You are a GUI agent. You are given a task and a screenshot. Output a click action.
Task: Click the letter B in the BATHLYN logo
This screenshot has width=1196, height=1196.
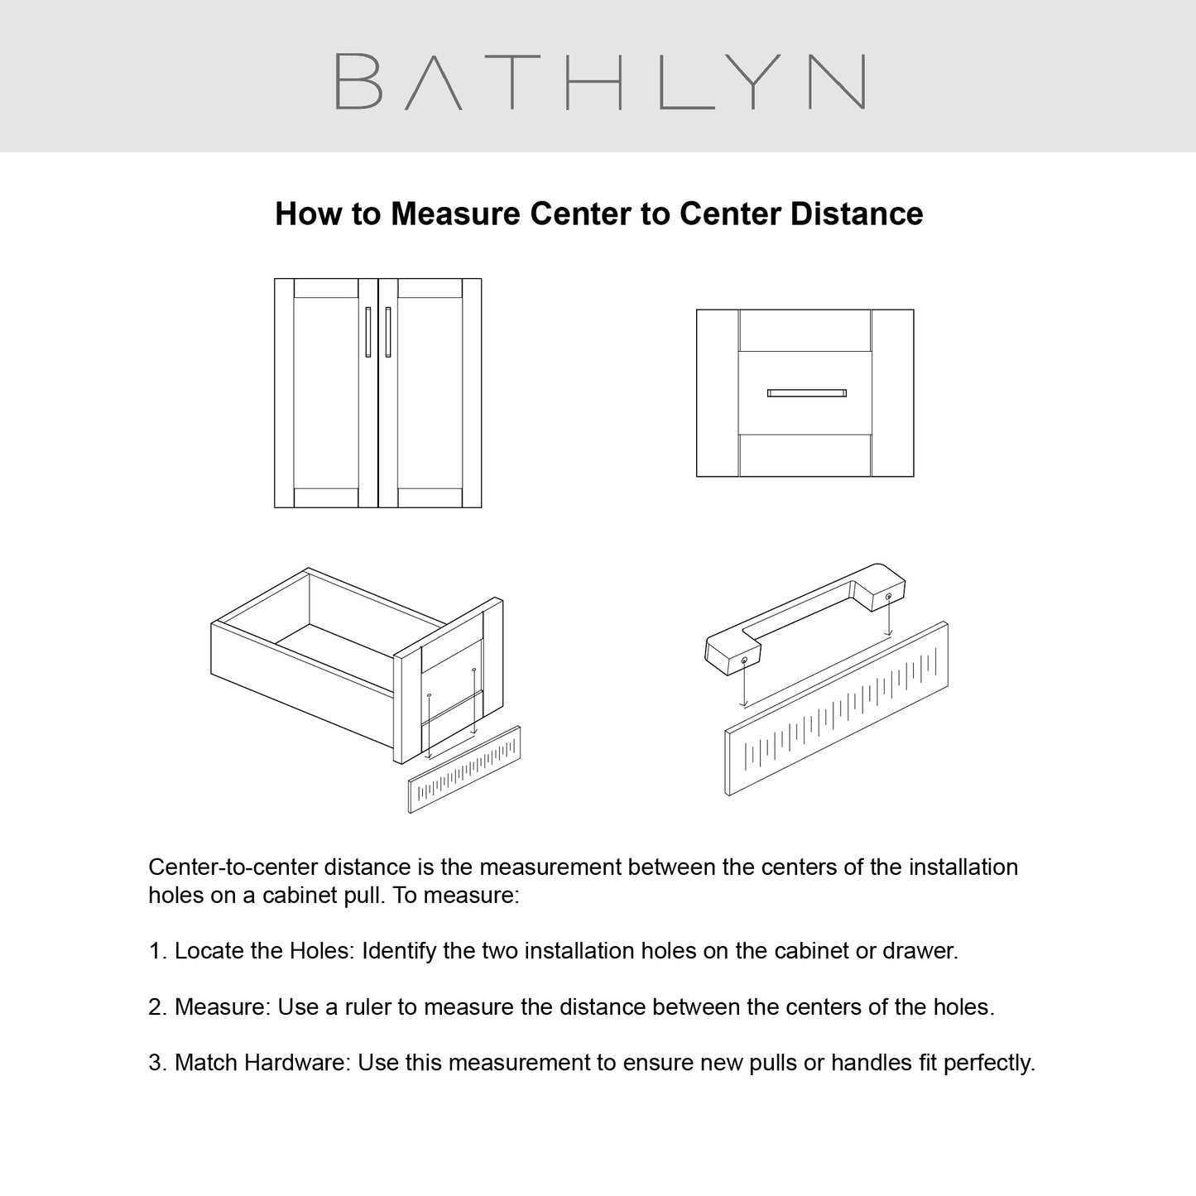point(358,81)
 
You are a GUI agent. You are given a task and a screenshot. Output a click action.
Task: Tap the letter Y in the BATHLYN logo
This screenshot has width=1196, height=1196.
point(752,81)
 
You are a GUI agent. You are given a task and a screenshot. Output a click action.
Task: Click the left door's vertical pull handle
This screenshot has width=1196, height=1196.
point(368,332)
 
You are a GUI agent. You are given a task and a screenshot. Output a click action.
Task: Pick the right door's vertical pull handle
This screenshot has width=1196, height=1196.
point(388,332)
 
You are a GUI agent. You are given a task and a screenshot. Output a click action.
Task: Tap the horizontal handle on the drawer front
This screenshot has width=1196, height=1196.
point(806,393)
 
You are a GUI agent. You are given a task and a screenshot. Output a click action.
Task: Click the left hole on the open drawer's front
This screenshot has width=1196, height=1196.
point(429,694)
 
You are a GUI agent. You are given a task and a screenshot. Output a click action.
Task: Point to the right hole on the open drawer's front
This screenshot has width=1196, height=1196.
point(473,670)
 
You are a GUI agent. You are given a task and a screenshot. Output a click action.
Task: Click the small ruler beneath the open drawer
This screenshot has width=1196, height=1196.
point(464,769)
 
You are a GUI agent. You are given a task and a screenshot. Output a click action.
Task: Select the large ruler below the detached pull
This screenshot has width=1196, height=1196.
point(837,708)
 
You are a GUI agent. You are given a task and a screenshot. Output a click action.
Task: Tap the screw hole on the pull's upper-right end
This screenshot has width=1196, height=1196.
point(888,597)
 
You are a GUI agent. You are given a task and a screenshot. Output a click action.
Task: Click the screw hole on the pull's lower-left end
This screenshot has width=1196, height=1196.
point(743,660)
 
